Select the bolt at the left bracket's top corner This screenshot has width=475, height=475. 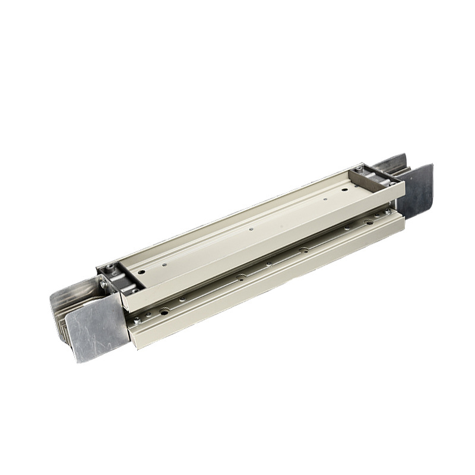tap(110, 266)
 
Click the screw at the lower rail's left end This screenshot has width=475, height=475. tap(138, 321)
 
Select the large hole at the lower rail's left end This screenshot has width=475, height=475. tap(161, 311)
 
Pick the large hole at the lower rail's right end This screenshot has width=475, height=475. tap(369, 222)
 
